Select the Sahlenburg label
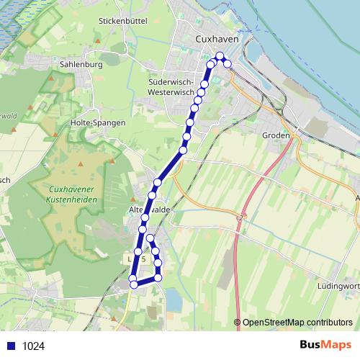coord(81,64)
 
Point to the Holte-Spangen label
coord(99,122)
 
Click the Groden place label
coord(276,135)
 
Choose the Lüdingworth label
coord(339,286)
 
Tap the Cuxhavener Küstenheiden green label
coord(69,195)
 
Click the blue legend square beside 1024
coord(11,346)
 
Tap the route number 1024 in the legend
coord(33,346)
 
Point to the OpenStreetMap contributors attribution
coord(293,323)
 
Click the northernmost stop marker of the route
coord(220,55)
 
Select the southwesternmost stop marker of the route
coord(133,285)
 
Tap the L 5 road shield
coord(135,258)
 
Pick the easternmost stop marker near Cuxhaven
coord(228,64)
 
